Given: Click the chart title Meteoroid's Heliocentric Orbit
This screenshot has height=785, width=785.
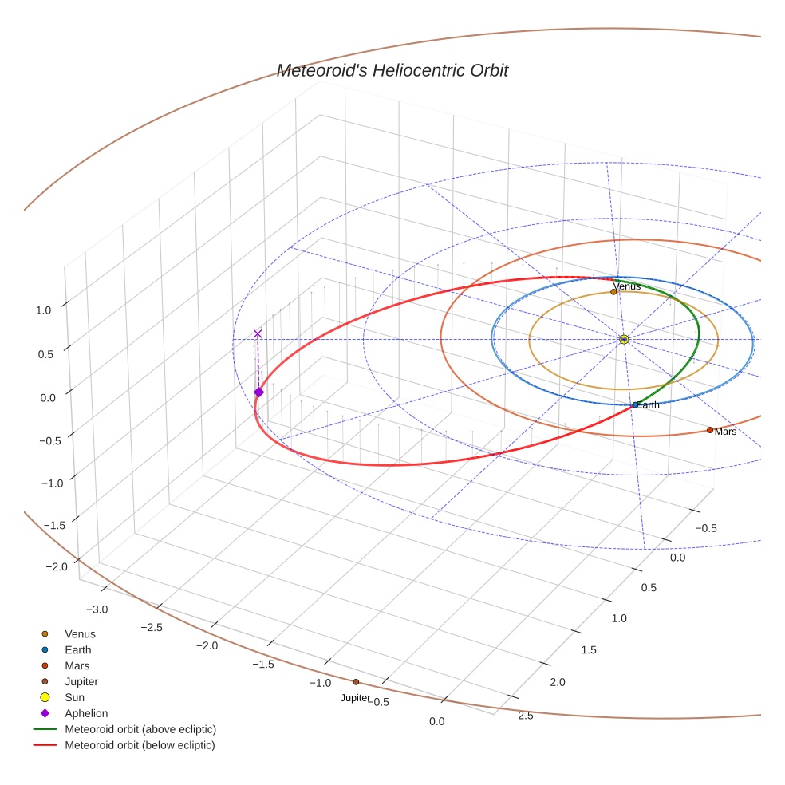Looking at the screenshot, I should (392, 71).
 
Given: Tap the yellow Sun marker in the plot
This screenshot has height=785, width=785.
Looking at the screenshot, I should (624, 340).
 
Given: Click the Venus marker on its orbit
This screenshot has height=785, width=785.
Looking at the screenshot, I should (613, 292).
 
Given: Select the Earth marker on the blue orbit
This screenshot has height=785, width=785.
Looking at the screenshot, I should (635, 405).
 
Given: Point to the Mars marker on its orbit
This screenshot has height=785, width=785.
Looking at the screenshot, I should (710, 430).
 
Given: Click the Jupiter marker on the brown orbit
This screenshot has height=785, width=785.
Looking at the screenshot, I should (356, 682).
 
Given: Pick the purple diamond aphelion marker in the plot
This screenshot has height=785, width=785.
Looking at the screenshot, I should (258, 392).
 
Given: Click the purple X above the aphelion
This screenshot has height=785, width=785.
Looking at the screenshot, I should (258, 333).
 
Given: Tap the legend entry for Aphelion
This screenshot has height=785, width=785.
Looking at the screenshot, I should (86, 713).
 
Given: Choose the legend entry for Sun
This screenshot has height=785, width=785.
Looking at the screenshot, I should (75, 697).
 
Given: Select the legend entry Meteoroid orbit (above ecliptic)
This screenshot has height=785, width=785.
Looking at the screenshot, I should (140, 729).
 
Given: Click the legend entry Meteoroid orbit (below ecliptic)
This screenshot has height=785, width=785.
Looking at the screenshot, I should (140, 745).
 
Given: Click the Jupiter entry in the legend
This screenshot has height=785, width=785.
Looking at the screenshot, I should (81, 681).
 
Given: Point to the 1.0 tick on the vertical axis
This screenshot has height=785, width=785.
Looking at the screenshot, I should (45, 310).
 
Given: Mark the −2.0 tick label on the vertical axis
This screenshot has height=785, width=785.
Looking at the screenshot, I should (57, 566).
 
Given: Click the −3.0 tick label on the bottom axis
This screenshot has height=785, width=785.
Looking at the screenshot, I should (97, 609).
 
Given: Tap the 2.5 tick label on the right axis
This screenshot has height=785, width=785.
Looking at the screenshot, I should (526, 715).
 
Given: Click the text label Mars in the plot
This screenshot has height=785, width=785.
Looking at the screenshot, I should (725, 432).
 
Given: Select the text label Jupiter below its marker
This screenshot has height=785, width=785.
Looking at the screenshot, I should (355, 698).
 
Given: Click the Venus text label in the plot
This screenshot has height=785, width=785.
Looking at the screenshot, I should (626, 286).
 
